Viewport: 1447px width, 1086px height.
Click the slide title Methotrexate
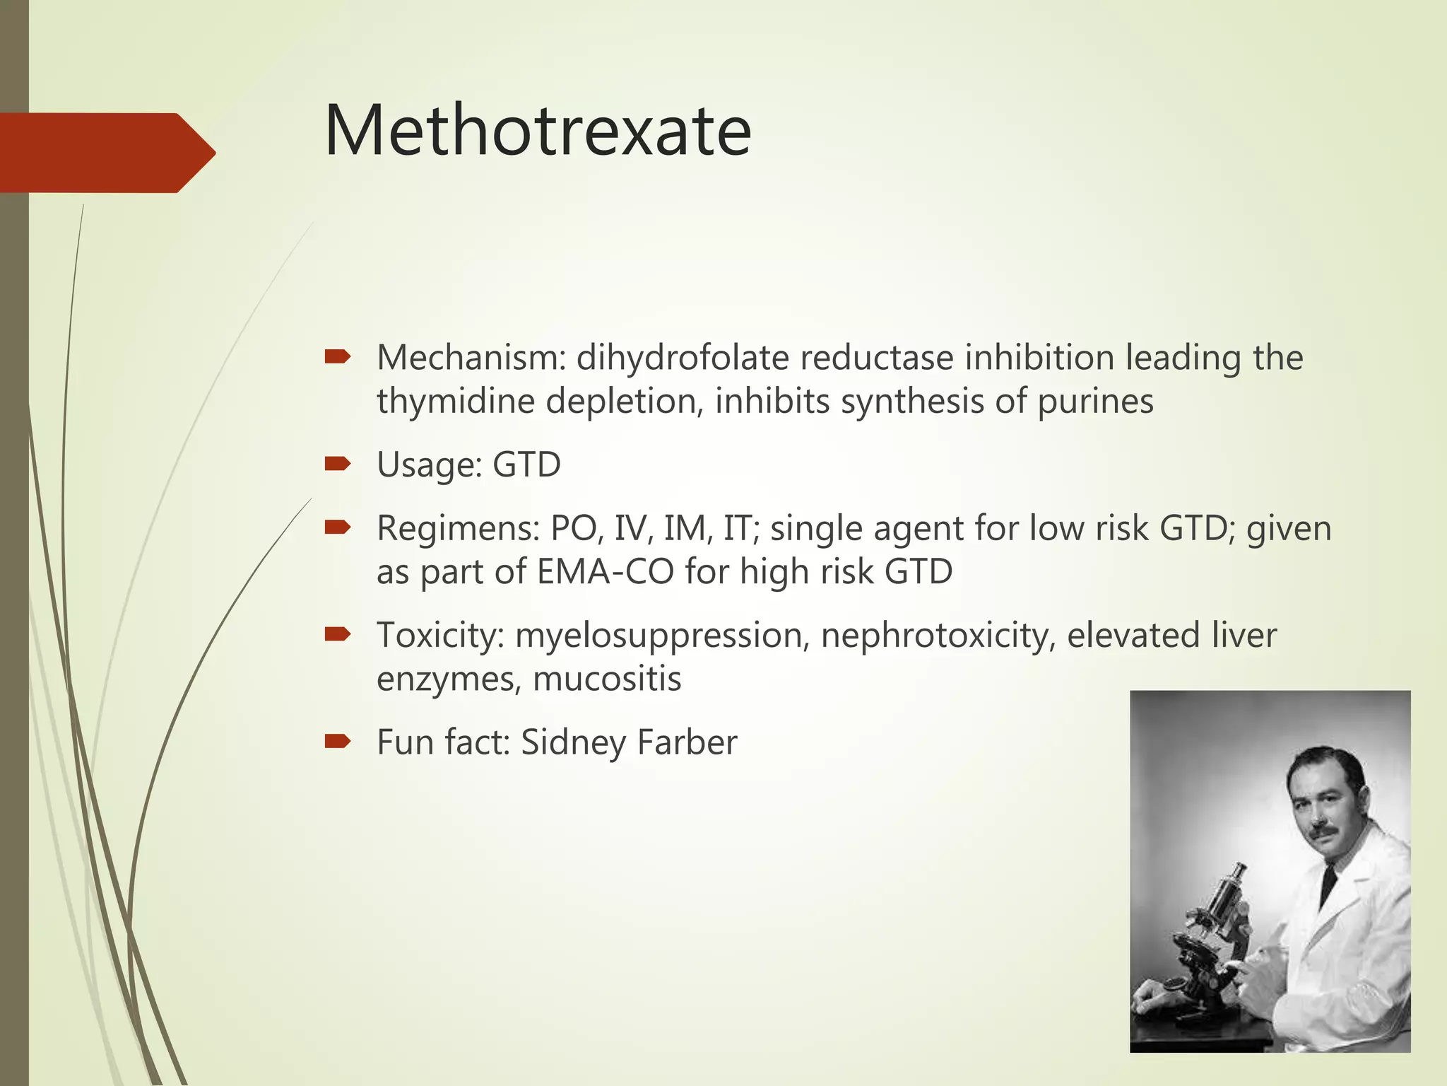coord(537,132)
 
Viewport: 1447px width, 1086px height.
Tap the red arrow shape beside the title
coord(106,153)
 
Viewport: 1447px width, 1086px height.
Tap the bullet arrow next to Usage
coord(337,464)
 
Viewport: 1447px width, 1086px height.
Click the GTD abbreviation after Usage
coord(526,465)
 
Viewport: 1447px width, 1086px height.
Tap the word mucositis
coord(607,679)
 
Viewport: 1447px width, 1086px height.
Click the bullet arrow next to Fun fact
coord(337,741)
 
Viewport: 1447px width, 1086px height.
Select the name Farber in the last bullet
coord(687,742)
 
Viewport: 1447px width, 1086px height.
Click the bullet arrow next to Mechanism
coord(337,357)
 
